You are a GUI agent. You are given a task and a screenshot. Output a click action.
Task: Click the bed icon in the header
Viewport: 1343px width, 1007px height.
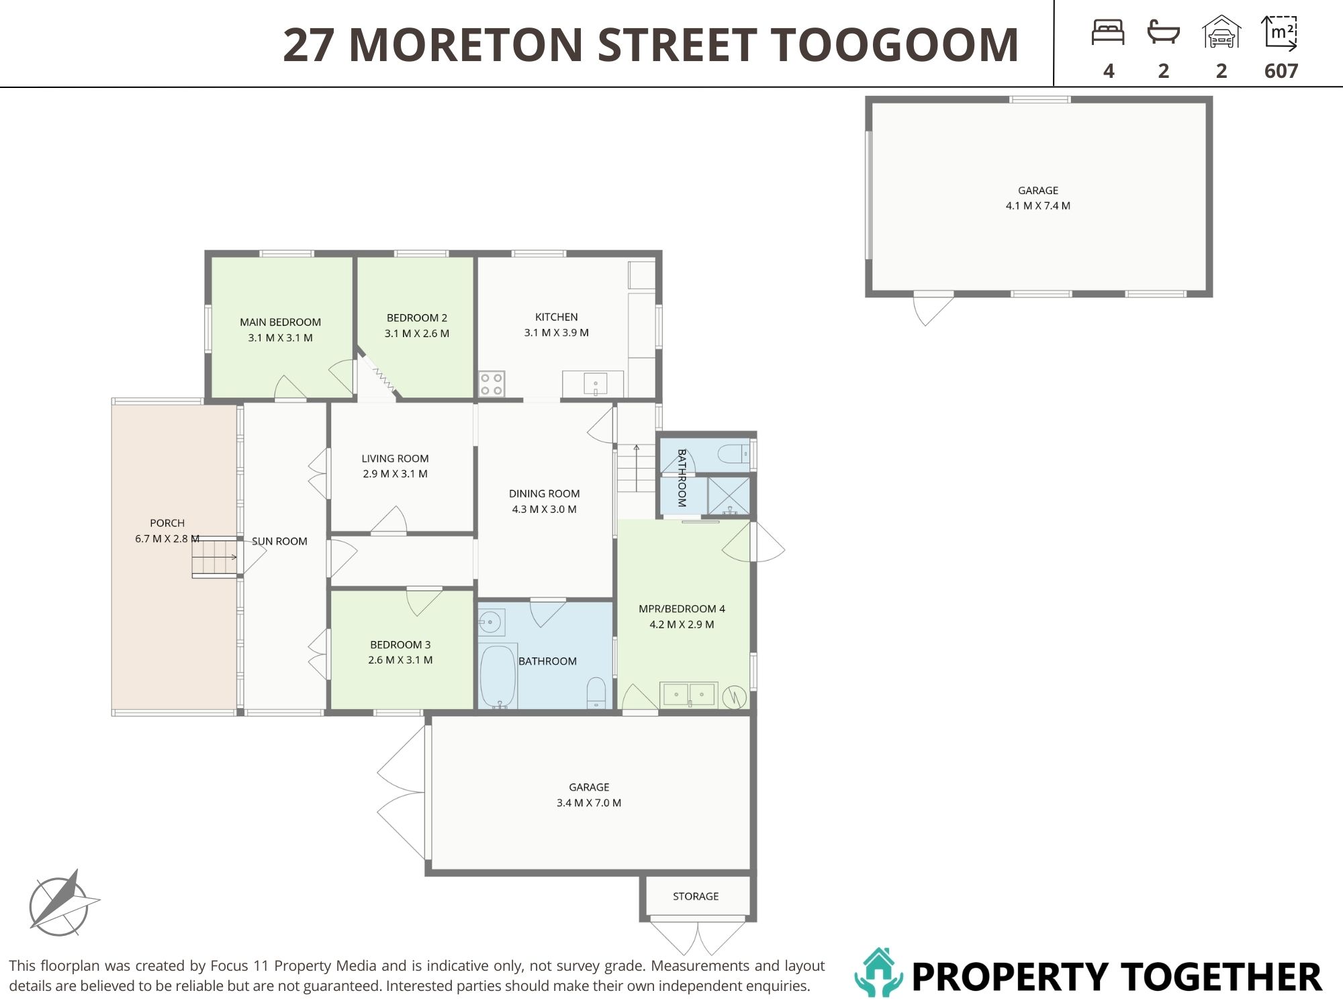pyautogui.click(x=1108, y=32)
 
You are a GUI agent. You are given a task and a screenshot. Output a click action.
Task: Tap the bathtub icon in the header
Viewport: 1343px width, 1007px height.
pyautogui.click(x=1164, y=32)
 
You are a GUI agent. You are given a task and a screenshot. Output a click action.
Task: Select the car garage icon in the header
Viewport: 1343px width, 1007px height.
pyautogui.click(x=1221, y=32)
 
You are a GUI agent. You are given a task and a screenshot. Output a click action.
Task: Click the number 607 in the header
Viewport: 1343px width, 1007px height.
pyautogui.click(x=1281, y=70)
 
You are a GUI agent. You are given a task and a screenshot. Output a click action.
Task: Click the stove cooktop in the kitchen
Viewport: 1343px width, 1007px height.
pyautogui.click(x=491, y=384)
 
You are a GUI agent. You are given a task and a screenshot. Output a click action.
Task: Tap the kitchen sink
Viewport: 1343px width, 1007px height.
pyautogui.click(x=595, y=384)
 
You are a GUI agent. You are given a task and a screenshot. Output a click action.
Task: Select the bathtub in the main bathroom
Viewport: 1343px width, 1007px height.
pyautogui.click(x=498, y=677)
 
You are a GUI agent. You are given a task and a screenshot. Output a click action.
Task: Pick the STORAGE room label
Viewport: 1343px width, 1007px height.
pyautogui.click(x=696, y=896)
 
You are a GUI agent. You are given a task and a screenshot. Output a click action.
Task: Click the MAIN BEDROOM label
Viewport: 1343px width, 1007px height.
pyautogui.click(x=280, y=322)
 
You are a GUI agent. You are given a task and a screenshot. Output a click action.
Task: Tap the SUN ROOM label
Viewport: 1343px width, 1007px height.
pyautogui.click(x=279, y=541)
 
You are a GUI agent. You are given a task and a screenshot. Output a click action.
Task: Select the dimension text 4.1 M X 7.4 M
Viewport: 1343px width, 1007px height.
pyautogui.click(x=1037, y=205)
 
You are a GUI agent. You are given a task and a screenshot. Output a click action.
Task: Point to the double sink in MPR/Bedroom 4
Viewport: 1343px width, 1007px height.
pyautogui.click(x=689, y=694)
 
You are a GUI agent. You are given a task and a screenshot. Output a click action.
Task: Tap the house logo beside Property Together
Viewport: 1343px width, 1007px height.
pyautogui.click(x=879, y=972)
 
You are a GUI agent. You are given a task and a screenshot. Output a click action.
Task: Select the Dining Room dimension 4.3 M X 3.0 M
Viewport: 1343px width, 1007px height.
pyautogui.click(x=544, y=509)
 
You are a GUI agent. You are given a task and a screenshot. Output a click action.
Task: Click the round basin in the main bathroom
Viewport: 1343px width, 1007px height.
pyautogui.click(x=492, y=622)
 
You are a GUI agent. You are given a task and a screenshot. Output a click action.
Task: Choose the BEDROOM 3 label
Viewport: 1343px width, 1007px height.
pyautogui.click(x=400, y=644)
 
